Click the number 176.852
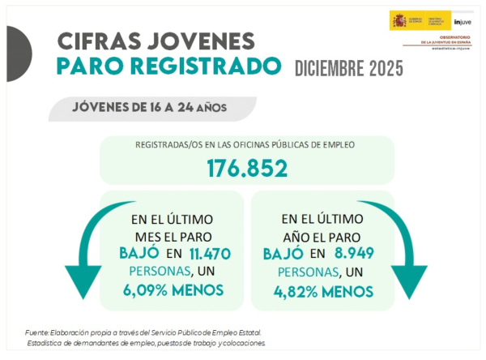[247, 169]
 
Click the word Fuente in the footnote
[37, 332]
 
